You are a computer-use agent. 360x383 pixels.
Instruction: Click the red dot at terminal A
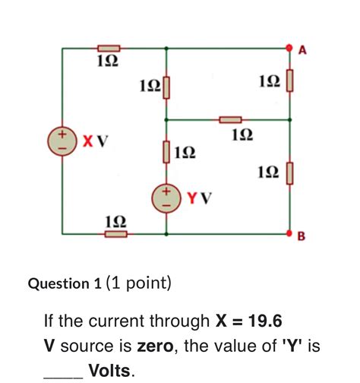pos(290,48)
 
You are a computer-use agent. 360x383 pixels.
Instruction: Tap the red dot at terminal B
pos(290,234)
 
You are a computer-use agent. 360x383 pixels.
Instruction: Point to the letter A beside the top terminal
pos(302,50)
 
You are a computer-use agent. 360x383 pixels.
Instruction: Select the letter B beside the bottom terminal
pos(301,238)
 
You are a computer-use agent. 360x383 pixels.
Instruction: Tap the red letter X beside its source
pos(88,141)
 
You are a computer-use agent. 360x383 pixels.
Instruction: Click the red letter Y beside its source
pos(193,199)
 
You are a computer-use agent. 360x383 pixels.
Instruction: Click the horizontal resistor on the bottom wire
pos(115,234)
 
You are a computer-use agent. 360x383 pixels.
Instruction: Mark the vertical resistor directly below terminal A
pos(289,81)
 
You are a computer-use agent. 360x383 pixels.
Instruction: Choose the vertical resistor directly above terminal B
pos(289,174)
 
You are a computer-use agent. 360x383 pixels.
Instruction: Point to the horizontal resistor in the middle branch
pos(230,119)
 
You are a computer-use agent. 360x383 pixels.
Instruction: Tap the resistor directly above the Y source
pos(166,153)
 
